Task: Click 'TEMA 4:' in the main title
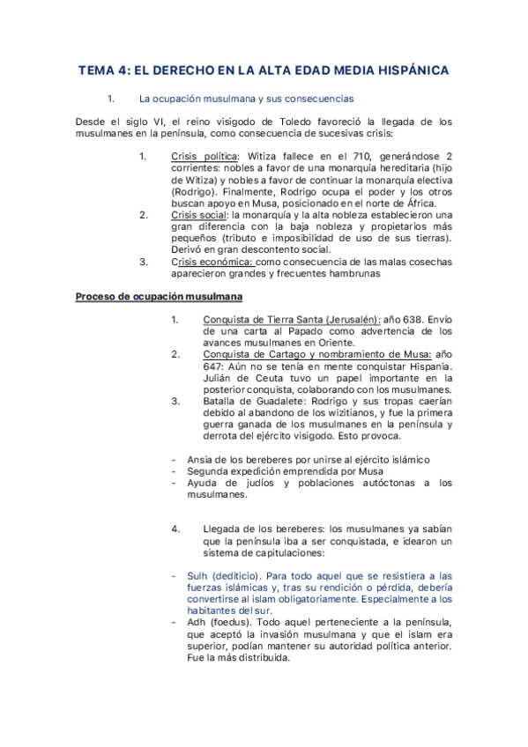pos(105,70)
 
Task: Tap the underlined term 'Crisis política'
pos(198,157)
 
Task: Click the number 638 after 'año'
pos(414,319)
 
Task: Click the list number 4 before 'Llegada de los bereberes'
pos(175,529)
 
